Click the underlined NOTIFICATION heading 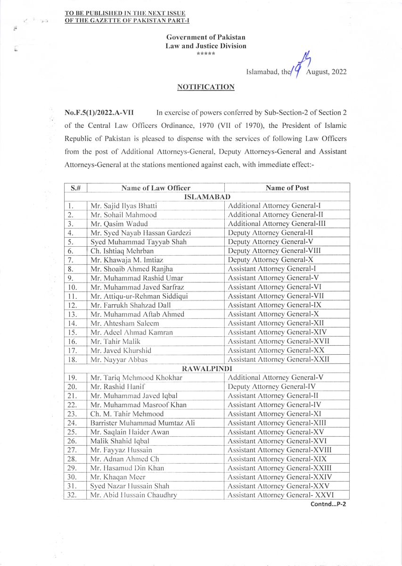click(x=205, y=87)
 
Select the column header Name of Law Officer click(x=156, y=188)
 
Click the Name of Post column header click(x=287, y=188)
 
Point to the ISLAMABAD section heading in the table click(x=207, y=197)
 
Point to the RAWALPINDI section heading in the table click(x=207, y=368)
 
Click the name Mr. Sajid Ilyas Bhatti click(x=123, y=206)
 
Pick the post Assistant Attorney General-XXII click(x=279, y=359)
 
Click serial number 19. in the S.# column click(x=72, y=377)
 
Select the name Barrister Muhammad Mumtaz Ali click(x=142, y=423)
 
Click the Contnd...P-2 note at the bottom click(x=328, y=504)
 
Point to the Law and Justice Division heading click(x=205, y=46)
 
